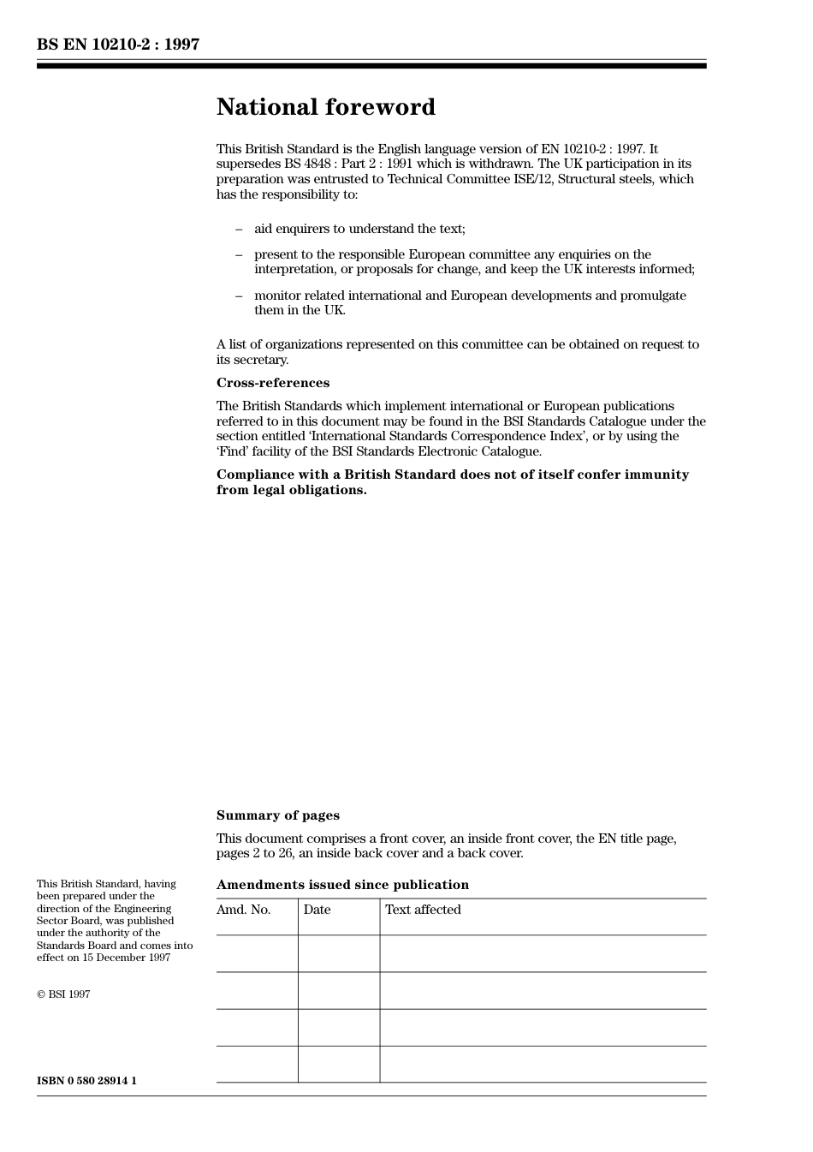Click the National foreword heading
(x=325, y=107)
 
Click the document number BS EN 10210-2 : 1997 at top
(x=118, y=45)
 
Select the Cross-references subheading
(x=272, y=383)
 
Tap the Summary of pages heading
(x=277, y=815)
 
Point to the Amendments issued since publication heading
(x=342, y=885)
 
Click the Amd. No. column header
(x=243, y=910)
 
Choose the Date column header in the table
(x=317, y=910)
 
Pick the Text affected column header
(x=423, y=910)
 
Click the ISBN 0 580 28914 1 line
(x=86, y=1081)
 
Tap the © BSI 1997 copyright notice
(x=63, y=994)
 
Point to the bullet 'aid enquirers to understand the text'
(x=359, y=229)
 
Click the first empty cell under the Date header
(x=339, y=953)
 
